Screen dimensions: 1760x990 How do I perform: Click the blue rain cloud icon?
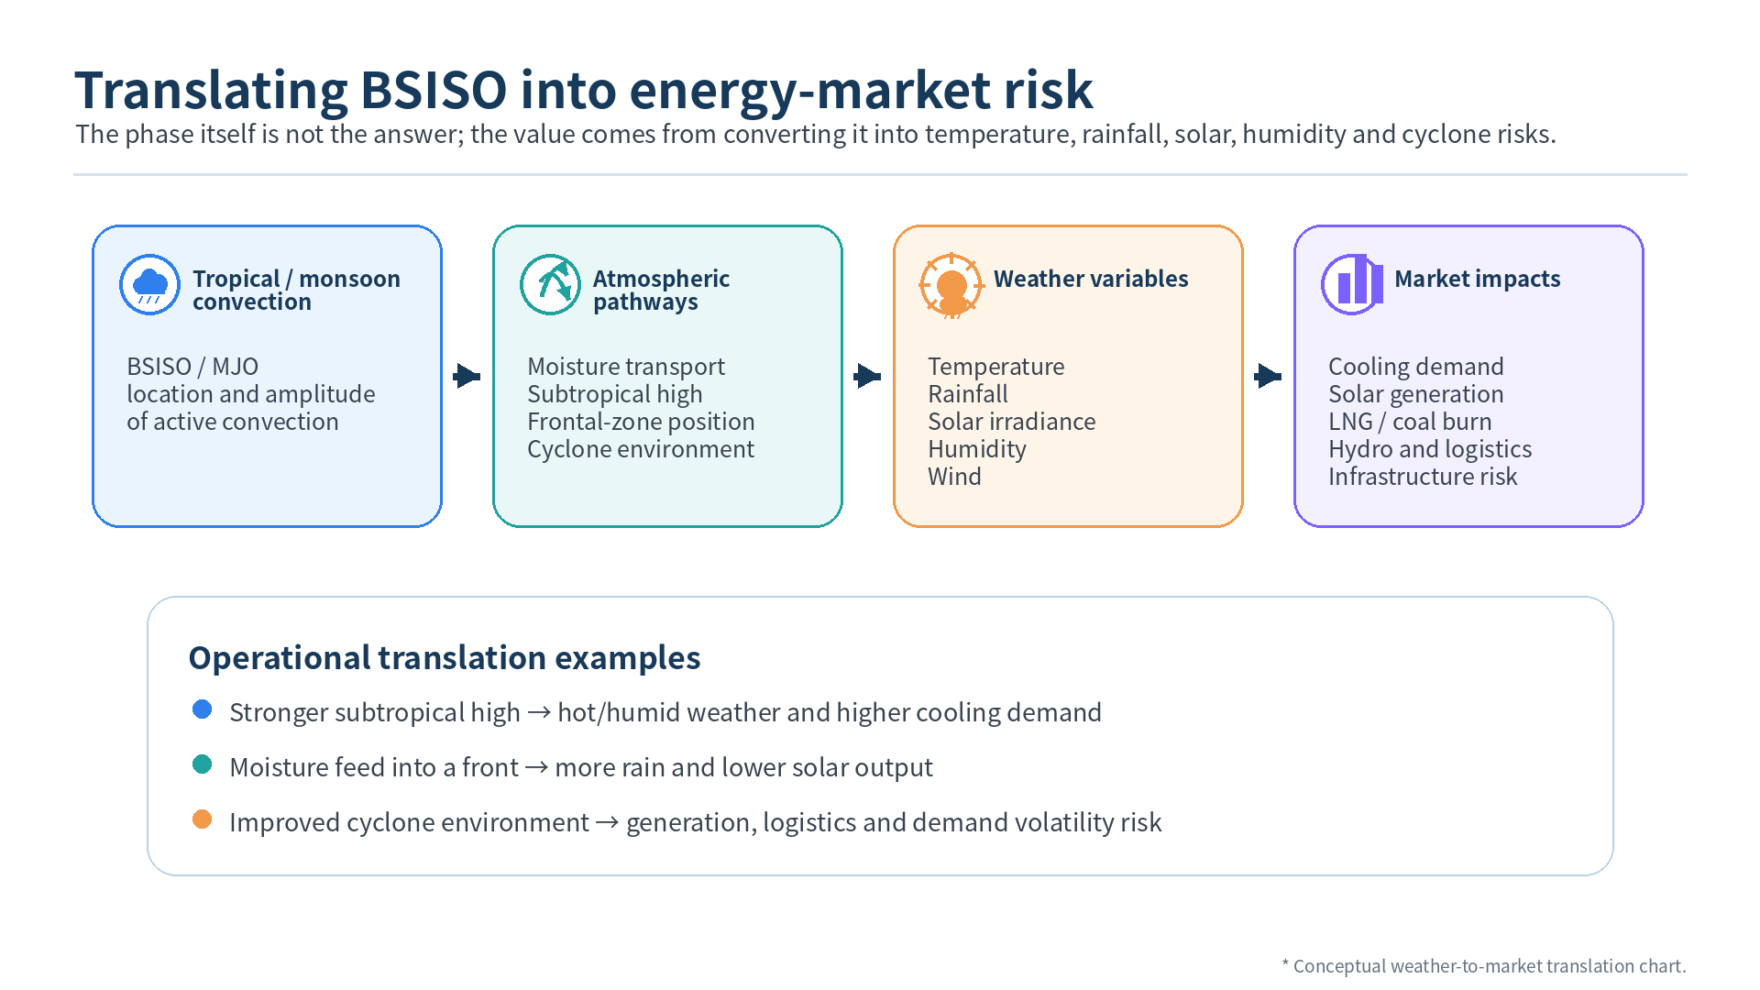(x=149, y=284)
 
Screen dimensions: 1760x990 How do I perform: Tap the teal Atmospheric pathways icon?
(x=550, y=284)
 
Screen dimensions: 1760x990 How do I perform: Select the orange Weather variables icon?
(x=951, y=285)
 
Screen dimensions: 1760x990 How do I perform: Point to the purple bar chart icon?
(x=1352, y=284)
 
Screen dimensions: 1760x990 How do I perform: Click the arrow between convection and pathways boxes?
(x=467, y=376)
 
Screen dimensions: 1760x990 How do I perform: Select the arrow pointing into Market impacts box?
(x=1268, y=376)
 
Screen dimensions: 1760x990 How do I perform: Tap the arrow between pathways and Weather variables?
(x=867, y=376)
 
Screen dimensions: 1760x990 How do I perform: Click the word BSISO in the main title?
(x=433, y=90)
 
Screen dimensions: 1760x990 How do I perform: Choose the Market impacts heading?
(x=1477, y=279)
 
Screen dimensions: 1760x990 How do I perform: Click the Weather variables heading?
(x=1091, y=279)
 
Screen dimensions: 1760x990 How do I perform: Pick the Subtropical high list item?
(x=614, y=394)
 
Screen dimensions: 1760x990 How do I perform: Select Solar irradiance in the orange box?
(x=1011, y=422)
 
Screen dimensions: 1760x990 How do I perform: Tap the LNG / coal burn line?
(x=1410, y=422)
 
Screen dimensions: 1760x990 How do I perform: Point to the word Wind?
(x=954, y=477)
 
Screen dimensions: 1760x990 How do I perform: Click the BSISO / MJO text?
(x=192, y=367)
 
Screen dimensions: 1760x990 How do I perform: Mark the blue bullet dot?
(x=203, y=709)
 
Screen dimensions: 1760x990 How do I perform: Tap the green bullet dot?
(x=203, y=764)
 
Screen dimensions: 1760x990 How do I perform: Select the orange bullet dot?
(x=203, y=819)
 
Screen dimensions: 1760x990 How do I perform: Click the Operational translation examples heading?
(x=445, y=658)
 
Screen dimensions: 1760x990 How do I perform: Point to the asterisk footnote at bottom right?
(x=1483, y=966)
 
